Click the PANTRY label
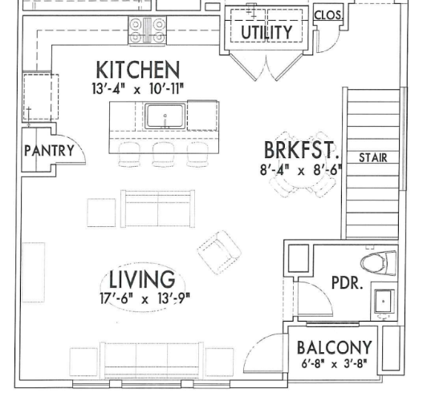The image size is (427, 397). click(x=48, y=150)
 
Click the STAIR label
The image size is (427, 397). click(x=373, y=157)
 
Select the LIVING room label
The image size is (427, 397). click(x=141, y=280)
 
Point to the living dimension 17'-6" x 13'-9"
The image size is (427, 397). click(x=141, y=298)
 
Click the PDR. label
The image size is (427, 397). click(x=348, y=283)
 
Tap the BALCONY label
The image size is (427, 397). click(x=334, y=348)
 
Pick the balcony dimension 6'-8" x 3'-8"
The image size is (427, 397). click(x=334, y=365)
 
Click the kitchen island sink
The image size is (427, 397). click(x=165, y=116)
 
